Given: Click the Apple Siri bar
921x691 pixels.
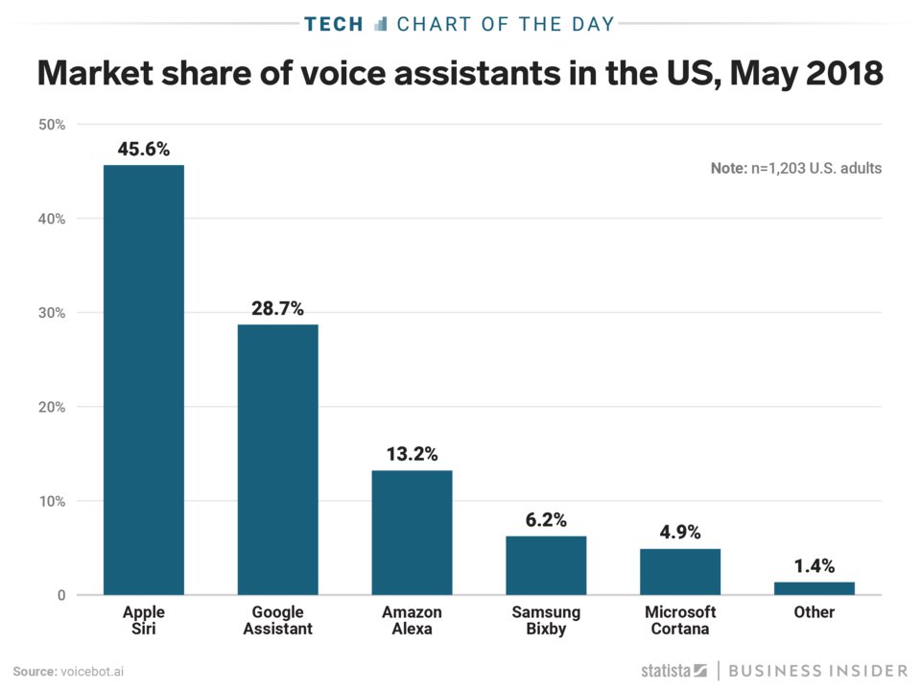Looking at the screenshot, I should (x=144, y=379).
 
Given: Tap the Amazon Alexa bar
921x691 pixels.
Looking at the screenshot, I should (x=412, y=532).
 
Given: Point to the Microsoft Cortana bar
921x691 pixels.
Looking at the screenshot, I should (x=680, y=571).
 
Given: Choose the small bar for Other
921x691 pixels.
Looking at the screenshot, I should (x=814, y=587).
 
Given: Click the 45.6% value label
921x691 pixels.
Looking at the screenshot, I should (x=144, y=149).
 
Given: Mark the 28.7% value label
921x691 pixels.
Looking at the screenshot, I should (x=278, y=308).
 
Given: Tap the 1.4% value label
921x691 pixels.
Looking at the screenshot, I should (x=814, y=565).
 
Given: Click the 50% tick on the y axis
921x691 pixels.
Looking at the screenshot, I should (x=50, y=125).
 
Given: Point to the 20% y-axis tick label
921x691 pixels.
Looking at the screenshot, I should (x=50, y=407).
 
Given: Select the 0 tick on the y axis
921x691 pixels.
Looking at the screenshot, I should (x=59, y=595).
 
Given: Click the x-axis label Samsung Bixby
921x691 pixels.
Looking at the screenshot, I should (x=546, y=620).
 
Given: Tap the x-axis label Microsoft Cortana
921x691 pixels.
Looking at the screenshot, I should (x=680, y=620).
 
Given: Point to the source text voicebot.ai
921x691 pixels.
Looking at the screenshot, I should (x=93, y=670).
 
